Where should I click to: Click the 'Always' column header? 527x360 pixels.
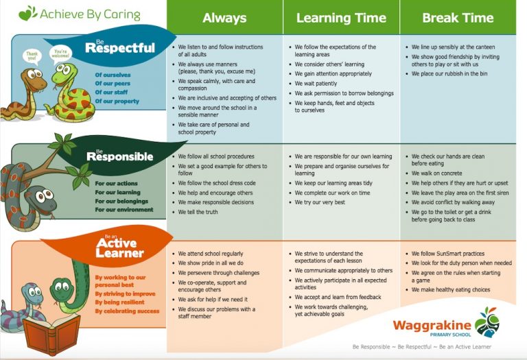pyautogui.click(x=224, y=18)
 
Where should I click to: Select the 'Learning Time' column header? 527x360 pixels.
pyautogui.click(x=340, y=18)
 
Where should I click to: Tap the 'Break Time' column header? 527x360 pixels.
pyautogui.click(x=458, y=18)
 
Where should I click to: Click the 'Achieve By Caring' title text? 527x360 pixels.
pyautogui.click(x=90, y=14)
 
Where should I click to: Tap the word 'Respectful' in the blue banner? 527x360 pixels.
pyautogui.click(x=120, y=48)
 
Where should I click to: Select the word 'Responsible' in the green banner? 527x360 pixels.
pyautogui.click(x=119, y=157)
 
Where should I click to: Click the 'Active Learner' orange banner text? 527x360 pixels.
pyautogui.click(x=120, y=248)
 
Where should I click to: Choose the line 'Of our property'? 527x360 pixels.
pyautogui.click(x=117, y=101)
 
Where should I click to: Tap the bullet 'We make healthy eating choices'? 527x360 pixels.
pyautogui.click(x=451, y=290)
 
